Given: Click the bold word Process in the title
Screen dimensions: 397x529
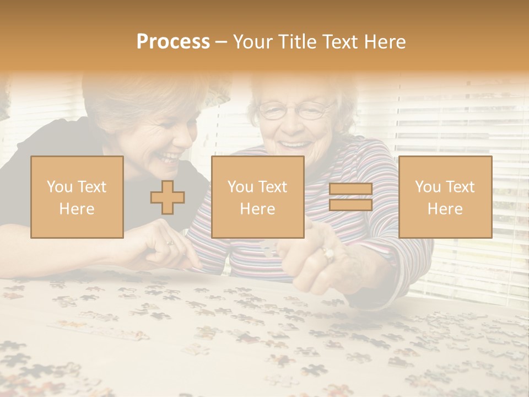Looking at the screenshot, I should (173, 42).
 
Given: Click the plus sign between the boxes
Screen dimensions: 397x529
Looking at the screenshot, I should (168, 197).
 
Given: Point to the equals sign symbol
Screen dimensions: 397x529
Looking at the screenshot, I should (350, 197).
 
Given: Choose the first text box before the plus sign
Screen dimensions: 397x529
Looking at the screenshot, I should (77, 197).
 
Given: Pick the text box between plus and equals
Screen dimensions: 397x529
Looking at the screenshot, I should (257, 197).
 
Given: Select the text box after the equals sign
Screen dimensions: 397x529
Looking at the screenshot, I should (445, 197).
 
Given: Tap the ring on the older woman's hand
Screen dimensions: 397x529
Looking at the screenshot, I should (328, 254).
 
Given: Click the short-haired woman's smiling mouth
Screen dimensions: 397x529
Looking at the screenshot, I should (169, 157).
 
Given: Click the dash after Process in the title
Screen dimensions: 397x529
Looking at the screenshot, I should (221, 42).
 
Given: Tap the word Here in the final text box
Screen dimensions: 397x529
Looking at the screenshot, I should (445, 209).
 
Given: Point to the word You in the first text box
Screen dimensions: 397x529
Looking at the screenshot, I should (58, 187).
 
